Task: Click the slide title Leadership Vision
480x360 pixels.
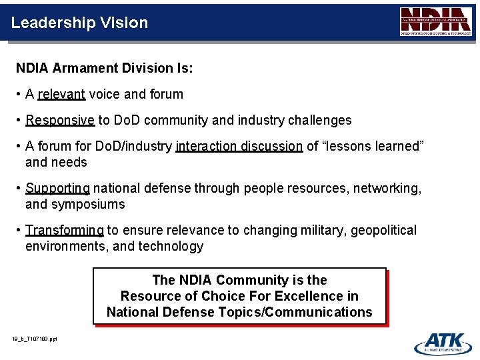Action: [x=79, y=23]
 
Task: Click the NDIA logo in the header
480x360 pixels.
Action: [x=436, y=21]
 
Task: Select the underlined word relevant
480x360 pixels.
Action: [x=61, y=95]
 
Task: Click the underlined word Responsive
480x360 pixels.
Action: [x=60, y=121]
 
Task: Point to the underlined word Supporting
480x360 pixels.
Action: [x=57, y=189]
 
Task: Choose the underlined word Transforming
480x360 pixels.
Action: [x=64, y=231]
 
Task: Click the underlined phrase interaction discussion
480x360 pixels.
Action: [x=239, y=147]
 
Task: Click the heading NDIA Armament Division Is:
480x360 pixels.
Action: [x=104, y=68]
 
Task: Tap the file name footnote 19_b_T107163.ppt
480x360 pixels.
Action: [x=35, y=339]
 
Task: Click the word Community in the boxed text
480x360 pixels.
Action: [x=251, y=280]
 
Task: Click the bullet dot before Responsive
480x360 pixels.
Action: [x=19, y=121]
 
